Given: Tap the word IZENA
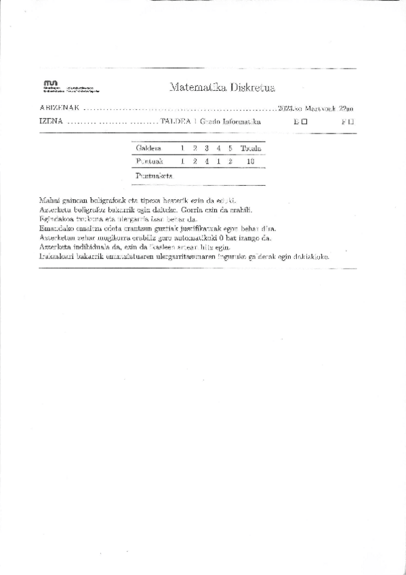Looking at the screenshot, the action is pyautogui.click(x=52, y=123).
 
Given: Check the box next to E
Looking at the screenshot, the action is pyautogui.click(x=305, y=123).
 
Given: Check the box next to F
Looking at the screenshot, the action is pyautogui.click(x=351, y=123).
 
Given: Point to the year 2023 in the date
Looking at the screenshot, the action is pyautogui.click(x=279, y=108).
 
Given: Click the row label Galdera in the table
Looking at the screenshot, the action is pyautogui.click(x=148, y=148).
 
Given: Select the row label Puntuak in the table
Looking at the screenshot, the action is pyautogui.click(x=148, y=161).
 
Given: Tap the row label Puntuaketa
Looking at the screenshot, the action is pyautogui.click(x=153, y=175).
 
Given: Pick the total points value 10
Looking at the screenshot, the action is pyautogui.click(x=250, y=161).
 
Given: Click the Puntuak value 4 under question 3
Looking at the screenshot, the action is pyautogui.click(x=207, y=161).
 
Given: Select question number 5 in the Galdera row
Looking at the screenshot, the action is pyautogui.click(x=230, y=148).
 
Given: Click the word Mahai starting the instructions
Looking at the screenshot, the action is pyautogui.click(x=49, y=200).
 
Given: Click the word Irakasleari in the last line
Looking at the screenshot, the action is pyautogui.click(x=58, y=258).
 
